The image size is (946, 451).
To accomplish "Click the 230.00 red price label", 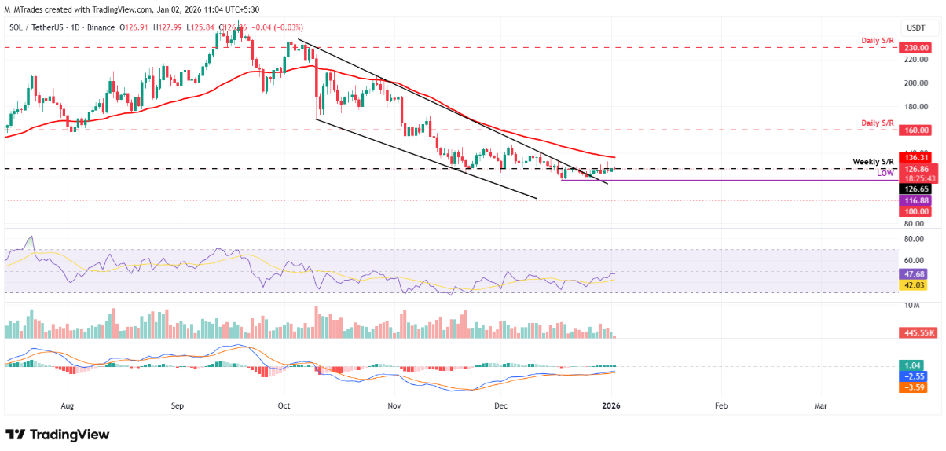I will [x=914, y=47].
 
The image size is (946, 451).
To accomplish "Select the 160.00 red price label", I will [x=914, y=130].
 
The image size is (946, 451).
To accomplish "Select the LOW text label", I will [x=885, y=172].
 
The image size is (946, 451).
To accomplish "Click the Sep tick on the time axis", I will [x=177, y=407].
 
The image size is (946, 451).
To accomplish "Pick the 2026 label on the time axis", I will [x=611, y=407].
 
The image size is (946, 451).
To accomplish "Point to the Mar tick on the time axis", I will [x=820, y=407].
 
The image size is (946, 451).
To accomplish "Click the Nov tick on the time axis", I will [x=394, y=407].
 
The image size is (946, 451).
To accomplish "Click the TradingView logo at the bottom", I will [x=57, y=434].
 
